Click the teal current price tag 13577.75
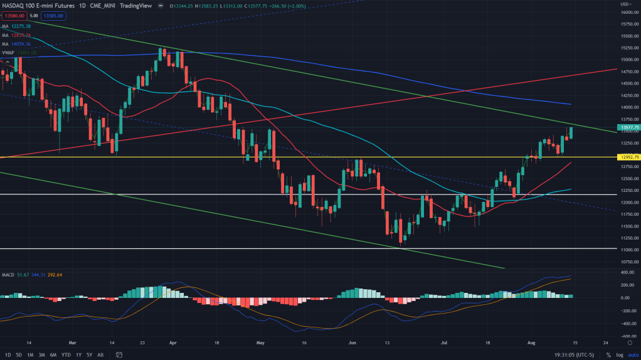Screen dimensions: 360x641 coord(628,127)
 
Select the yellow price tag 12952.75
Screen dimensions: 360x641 coord(628,157)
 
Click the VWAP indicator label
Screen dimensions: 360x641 coord(8,53)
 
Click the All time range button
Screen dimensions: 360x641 coord(100,355)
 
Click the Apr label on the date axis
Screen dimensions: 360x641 coord(174,343)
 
